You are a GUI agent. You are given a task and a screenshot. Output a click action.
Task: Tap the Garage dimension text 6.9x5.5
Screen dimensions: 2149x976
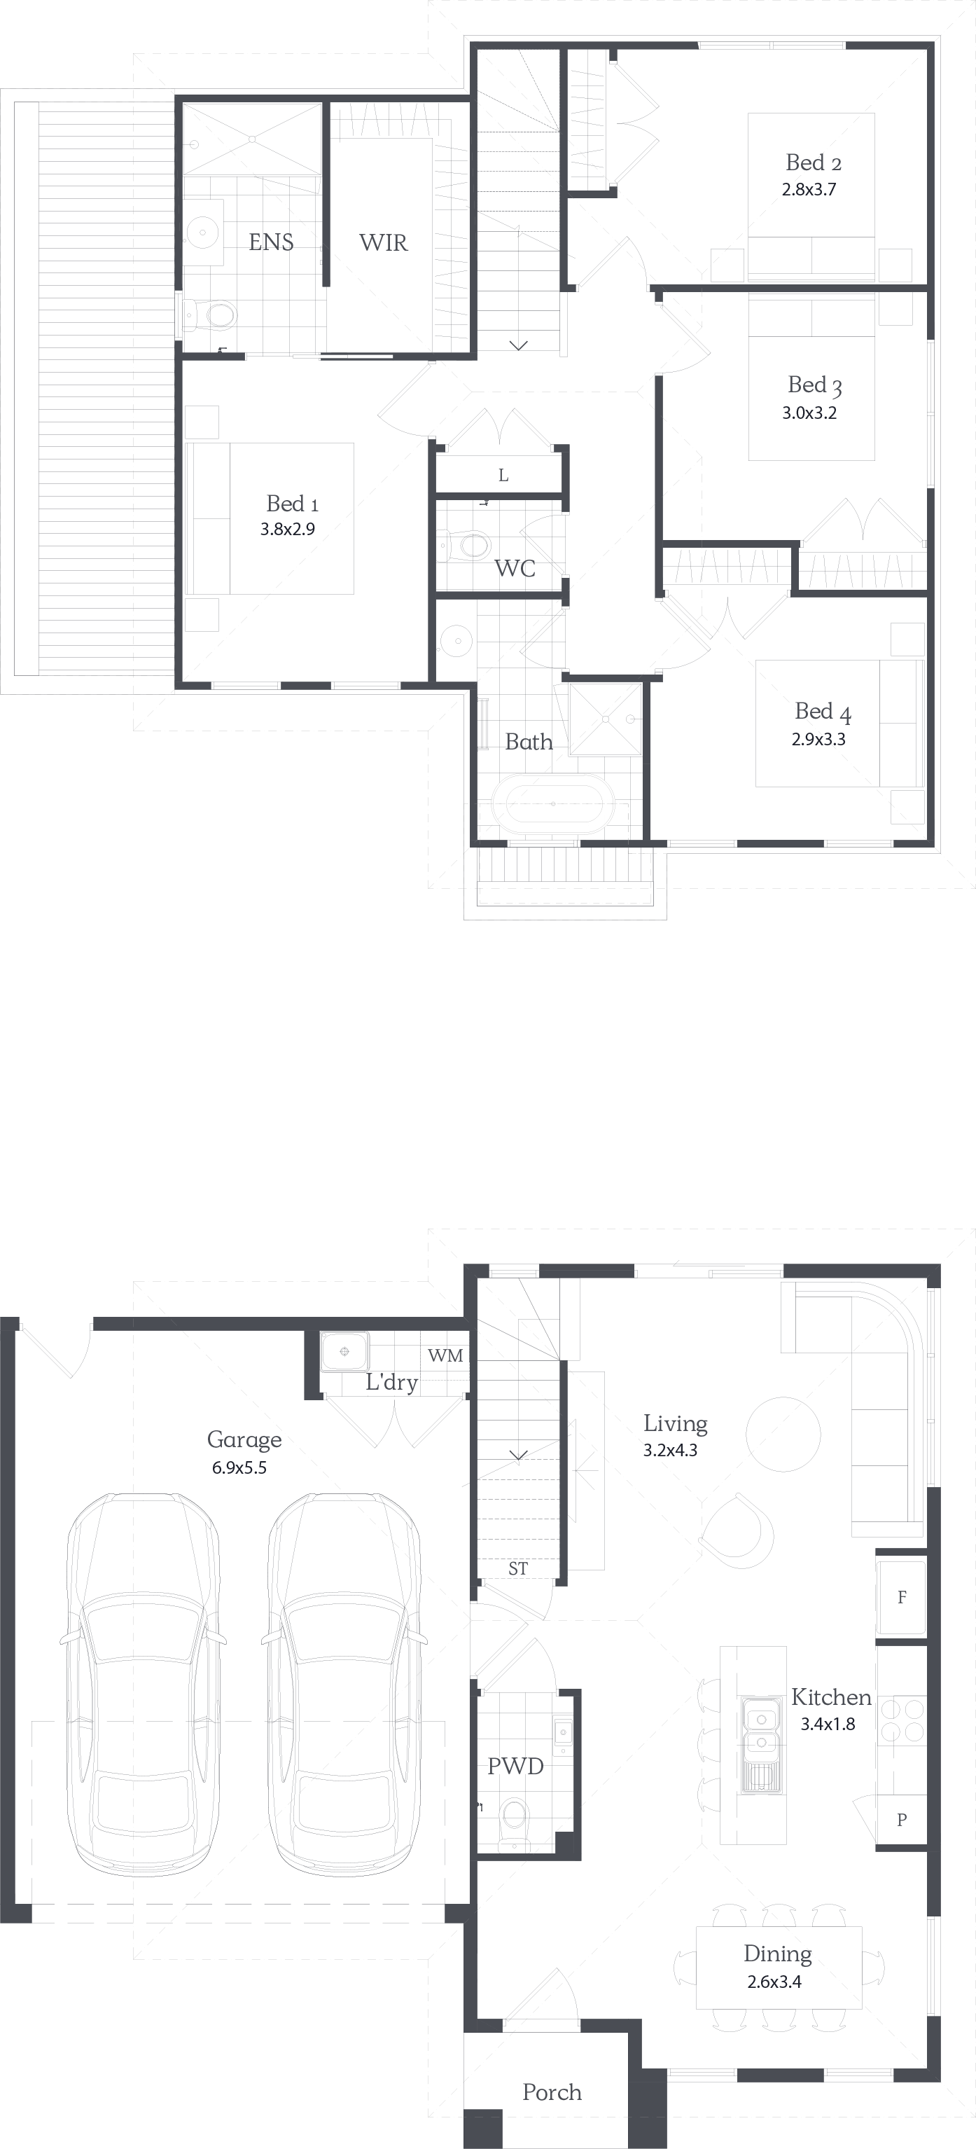(x=239, y=1468)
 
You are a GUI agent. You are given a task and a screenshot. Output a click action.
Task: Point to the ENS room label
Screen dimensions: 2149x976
(x=271, y=242)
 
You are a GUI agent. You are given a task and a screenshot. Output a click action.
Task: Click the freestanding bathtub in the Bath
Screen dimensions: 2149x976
(x=553, y=803)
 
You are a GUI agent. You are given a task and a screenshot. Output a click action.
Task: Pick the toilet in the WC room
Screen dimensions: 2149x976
(x=467, y=546)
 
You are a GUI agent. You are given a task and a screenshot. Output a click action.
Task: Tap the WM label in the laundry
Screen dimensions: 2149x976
(x=445, y=1355)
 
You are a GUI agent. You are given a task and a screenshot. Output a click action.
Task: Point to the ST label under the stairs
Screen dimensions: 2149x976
(x=518, y=1569)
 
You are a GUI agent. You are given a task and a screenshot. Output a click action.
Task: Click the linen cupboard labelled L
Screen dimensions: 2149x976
(x=502, y=476)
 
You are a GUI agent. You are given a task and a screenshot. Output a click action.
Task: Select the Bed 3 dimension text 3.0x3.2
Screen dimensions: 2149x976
(x=809, y=412)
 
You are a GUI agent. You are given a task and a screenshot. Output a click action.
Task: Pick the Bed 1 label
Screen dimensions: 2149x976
(x=292, y=503)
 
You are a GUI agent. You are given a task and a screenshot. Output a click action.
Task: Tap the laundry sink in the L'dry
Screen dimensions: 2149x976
(x=344, y=1350)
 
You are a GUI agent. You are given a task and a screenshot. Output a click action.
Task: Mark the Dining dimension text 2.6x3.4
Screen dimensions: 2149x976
(x=774, y=1982)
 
